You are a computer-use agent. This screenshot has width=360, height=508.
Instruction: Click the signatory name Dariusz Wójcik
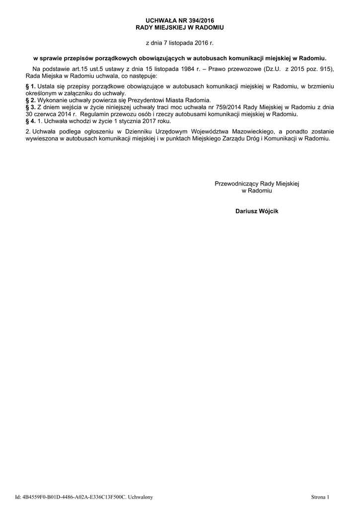click(257, 211)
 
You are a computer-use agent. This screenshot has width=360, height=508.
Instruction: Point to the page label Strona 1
click(320, 497)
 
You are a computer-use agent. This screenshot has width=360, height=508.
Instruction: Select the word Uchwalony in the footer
click(141, 497)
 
